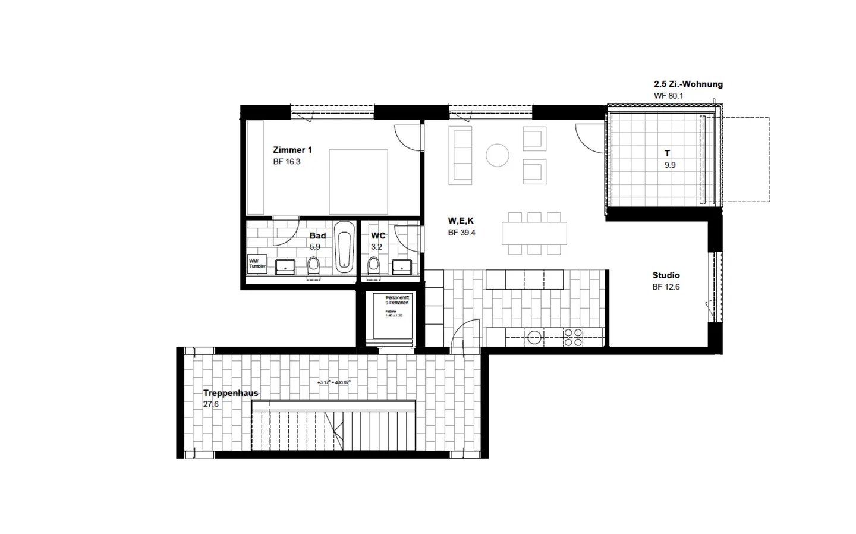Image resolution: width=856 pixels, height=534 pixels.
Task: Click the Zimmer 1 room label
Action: coord(292,150)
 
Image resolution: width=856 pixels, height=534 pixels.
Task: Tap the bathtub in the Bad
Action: coord(344,247)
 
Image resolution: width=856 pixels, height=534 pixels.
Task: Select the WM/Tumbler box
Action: coord(257,263)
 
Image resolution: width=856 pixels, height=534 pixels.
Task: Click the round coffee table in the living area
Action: coord(498,155)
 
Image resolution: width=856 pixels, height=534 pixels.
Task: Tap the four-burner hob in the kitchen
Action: coord(573,338)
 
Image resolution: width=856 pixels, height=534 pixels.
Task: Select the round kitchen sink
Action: coord(534,338)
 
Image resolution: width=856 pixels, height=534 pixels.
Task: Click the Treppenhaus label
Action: coord(231,393)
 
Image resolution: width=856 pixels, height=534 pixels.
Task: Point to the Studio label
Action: coord(666,275)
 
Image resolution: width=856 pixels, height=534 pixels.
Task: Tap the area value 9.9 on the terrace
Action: coord(670,165)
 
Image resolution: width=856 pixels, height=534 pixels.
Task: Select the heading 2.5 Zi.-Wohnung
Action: coord(688,84)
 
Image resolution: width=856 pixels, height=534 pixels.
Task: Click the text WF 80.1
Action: coord(669,96)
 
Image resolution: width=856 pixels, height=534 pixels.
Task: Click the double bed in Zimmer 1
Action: coord(358,182)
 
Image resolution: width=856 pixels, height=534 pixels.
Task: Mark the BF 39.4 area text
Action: coord(462,233)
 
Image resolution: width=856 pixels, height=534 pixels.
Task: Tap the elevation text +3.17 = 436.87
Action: coord(334,382)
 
